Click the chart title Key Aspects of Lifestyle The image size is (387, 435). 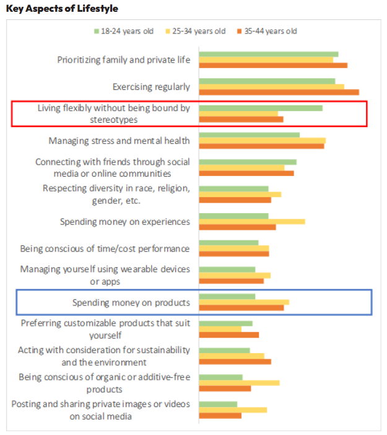coord(62,9)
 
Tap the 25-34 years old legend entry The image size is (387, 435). coord(199,31)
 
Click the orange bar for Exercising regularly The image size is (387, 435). coord(279,92)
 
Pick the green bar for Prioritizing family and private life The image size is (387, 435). coord(268,54)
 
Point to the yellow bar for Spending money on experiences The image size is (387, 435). coord(251,221)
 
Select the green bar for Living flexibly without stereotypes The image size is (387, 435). coord(260,108)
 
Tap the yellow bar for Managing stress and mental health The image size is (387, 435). coord(262,141)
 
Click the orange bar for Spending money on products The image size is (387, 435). coord(241,307)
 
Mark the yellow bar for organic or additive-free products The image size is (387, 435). coord(239,382)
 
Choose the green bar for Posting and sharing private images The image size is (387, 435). coord(217,404)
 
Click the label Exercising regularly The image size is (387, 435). coord(151,87)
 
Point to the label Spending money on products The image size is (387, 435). coord(131,302)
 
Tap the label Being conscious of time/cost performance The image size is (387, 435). coord(105,248)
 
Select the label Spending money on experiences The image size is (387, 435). coord(124,222)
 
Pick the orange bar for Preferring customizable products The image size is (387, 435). coord(228,335)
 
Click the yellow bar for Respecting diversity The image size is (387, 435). coord(240,194)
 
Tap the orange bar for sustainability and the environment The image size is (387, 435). coord(235,361)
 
